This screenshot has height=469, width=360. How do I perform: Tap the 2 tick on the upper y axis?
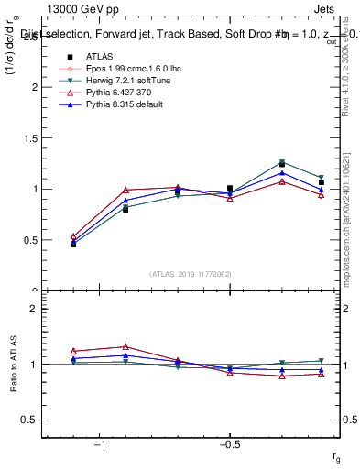pyautogui.click(x=34, y=87)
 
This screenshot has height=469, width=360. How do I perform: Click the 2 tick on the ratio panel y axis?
pyautogui.click(x=34, y=310)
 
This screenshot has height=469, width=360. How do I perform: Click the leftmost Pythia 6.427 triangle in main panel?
pyautogui.click(x=73, y=236)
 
